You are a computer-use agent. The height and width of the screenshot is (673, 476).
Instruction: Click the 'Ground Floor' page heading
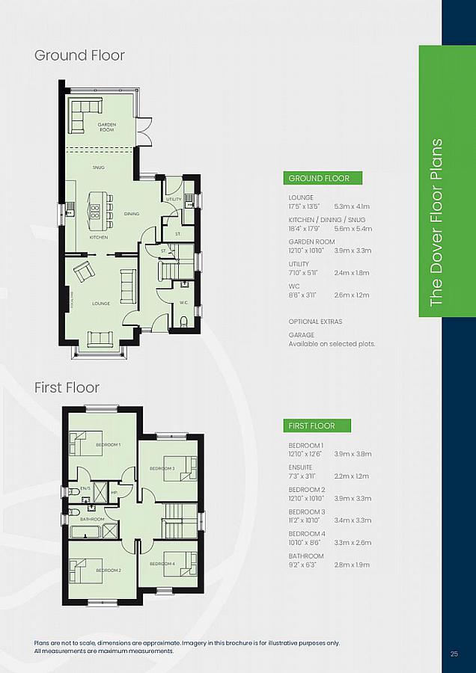(79, 55)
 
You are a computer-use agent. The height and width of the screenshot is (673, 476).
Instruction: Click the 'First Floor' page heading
(67, 387)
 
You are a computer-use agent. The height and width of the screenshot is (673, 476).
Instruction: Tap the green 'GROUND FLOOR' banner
(324, 178)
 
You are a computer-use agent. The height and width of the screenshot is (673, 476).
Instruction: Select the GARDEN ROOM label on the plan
(106, 127)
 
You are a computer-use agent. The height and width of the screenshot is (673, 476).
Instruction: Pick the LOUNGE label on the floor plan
(101, 304)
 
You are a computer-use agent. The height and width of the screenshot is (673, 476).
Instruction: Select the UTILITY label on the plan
(174, 200)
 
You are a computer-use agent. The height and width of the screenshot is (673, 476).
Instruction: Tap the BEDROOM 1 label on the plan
(108, 445)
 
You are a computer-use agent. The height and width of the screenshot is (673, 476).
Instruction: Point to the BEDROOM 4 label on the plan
(162, 563)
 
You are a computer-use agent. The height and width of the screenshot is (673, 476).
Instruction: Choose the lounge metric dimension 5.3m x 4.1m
(353, 206)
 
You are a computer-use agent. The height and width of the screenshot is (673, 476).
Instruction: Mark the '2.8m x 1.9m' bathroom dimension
(353, 565)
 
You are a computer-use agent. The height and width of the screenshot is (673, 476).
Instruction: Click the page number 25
(454, 654)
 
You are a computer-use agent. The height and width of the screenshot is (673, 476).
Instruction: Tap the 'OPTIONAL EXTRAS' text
(315, 322)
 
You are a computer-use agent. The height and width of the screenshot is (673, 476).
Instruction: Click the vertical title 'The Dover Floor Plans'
(437, 222)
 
